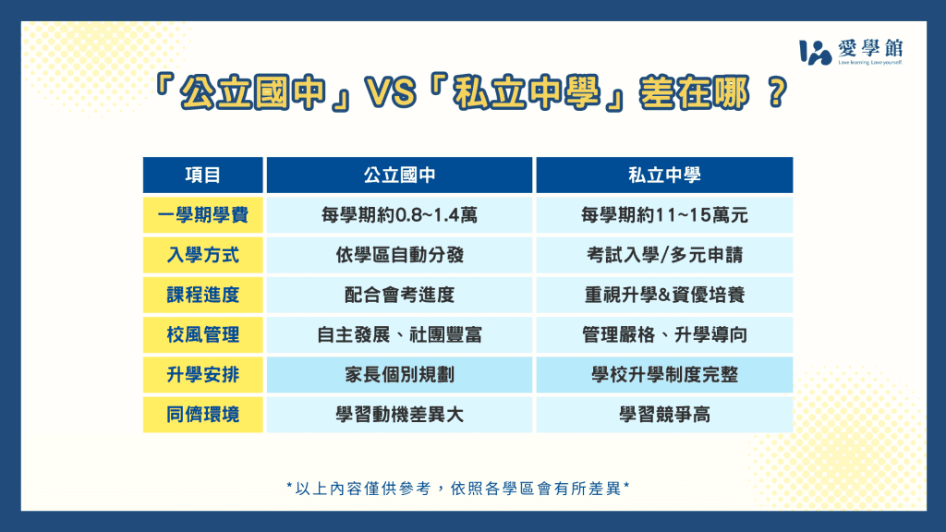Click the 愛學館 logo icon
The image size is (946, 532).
pos(815,52)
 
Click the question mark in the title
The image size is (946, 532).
pos(778,93)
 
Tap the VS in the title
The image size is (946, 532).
pos(391,93)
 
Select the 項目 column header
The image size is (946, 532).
pos(202,175)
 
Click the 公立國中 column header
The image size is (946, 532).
pos(399,175)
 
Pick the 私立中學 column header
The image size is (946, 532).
pos(664,175)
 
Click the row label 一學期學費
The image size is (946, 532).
pos(202,214)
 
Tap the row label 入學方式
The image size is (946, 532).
pos(202,255)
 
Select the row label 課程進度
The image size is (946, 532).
pos(202,295)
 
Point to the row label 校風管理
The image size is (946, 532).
pos(202,334)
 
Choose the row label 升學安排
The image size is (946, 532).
pos(202,375)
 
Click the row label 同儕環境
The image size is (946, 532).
pos(202,415)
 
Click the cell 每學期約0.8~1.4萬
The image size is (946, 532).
pos(399,214)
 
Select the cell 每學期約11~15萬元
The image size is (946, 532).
pos(664,214)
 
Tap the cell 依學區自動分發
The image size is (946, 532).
pos(399,255)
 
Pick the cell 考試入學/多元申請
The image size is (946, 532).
pos(664,255)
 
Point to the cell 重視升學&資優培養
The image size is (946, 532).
pos(664,295)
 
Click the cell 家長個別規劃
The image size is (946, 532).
pos(399,375)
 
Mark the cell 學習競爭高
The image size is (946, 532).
pos(664,415)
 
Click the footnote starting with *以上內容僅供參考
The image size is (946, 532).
pos(458,488)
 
